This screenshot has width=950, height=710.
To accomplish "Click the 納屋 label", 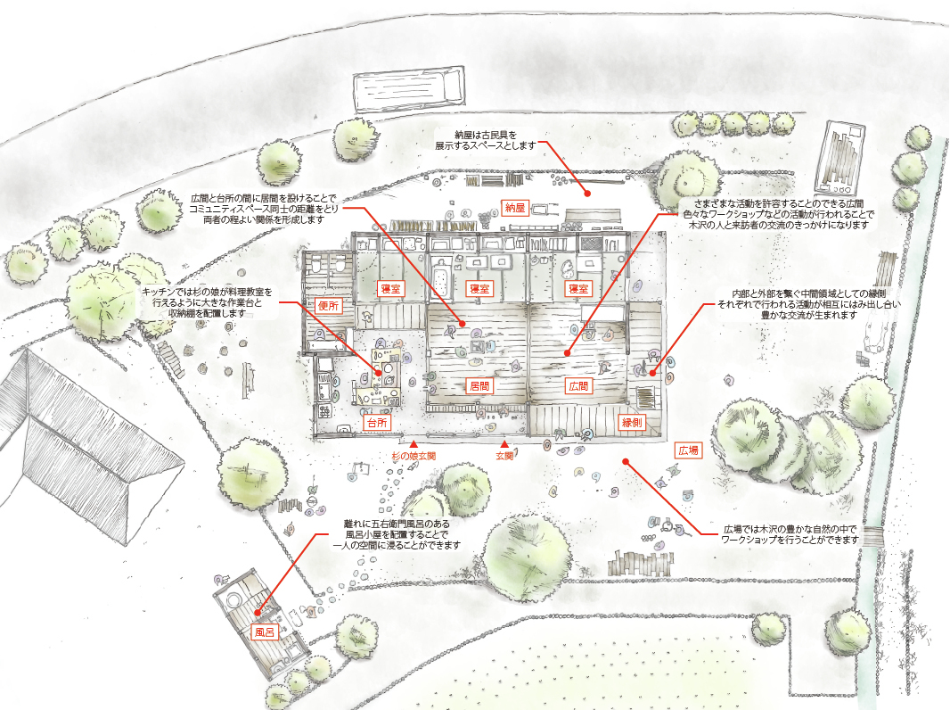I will tap(514, 208).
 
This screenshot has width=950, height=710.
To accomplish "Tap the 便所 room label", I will tap(328, 305).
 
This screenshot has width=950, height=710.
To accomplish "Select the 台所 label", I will tap(376, 422).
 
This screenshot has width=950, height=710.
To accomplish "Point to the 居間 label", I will tap(479, 386).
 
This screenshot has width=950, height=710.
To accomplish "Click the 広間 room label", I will tap(577, 386).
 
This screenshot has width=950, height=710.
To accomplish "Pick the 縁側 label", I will tap(632, 422).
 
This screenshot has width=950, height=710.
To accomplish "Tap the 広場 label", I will tap(687, 450).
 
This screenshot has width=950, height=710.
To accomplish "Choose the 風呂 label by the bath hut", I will tap(263, 632).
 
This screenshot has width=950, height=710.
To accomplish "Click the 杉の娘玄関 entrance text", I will tap(413, 456).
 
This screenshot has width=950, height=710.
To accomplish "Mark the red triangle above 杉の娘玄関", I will tap(414, 442).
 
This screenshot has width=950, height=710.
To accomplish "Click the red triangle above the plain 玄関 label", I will tap(504, 443).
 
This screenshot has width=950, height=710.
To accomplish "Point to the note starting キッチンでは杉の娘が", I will tap(206, 302).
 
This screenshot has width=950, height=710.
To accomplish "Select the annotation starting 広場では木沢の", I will tap(789, 534).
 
